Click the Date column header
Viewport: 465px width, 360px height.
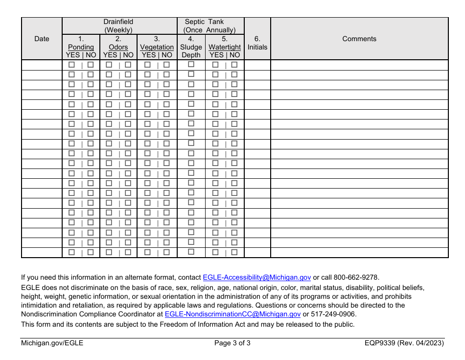coord(42,39)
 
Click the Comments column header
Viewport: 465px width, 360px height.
coord(359,39)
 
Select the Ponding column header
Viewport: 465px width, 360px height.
coord(81,47)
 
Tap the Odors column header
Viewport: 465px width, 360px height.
coord(118,47)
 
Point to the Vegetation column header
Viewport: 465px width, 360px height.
coord(157,47)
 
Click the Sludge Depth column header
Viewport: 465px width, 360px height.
coord(191,47)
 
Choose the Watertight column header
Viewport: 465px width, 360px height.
coord(225,47)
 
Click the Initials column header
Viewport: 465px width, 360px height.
coord(257,43)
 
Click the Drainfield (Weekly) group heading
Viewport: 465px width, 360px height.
coord(118,26)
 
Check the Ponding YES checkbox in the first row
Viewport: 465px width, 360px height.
coord(72,65)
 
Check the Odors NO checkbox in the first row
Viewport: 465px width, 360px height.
coord(128,65)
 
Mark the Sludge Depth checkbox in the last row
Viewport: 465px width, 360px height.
coord(191,252)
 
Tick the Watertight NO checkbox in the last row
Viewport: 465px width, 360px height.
coord(234,252)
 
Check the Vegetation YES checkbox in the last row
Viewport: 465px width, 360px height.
coord(147,252)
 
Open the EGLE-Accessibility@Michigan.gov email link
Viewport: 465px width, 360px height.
coord(256,277)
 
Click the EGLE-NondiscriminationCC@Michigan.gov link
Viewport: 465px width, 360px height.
coord(232,314)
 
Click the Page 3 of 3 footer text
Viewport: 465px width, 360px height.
coord(232,343)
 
